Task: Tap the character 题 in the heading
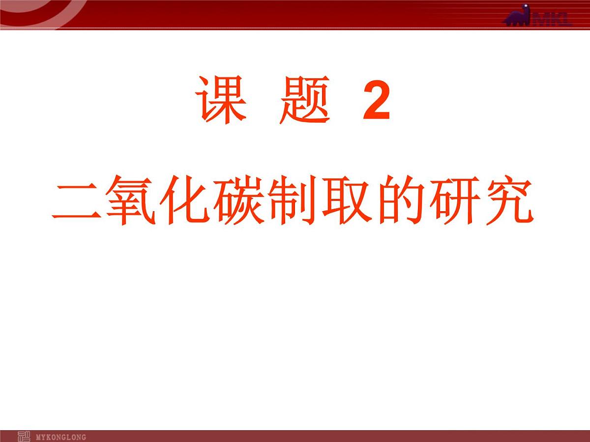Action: (304, 102)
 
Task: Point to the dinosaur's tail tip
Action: (504, 22)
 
